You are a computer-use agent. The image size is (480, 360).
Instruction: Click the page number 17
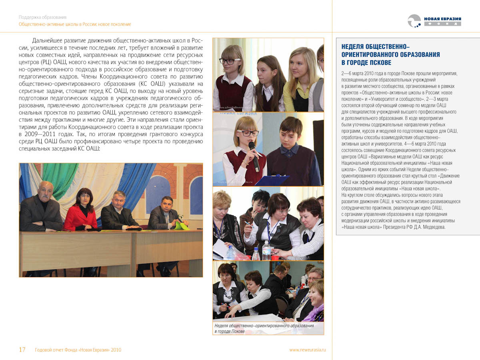click(x=22, y=350)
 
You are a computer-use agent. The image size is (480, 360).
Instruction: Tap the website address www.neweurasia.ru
click(x=308, y=350)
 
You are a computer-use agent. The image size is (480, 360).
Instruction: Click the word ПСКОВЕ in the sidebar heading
click(x=378, y=62)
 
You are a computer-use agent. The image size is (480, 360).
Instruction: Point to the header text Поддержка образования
click(x=42, y=17)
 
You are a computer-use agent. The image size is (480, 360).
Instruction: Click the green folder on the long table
click(x=180, y=226)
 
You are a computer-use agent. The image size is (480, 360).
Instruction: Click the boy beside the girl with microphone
click(x=291, y=152)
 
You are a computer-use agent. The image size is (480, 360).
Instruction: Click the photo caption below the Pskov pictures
click(x=264, y=328)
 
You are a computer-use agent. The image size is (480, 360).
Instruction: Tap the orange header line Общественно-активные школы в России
click(x=75, y=24)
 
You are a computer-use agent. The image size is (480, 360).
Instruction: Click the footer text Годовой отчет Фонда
click(x=78, y=350)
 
